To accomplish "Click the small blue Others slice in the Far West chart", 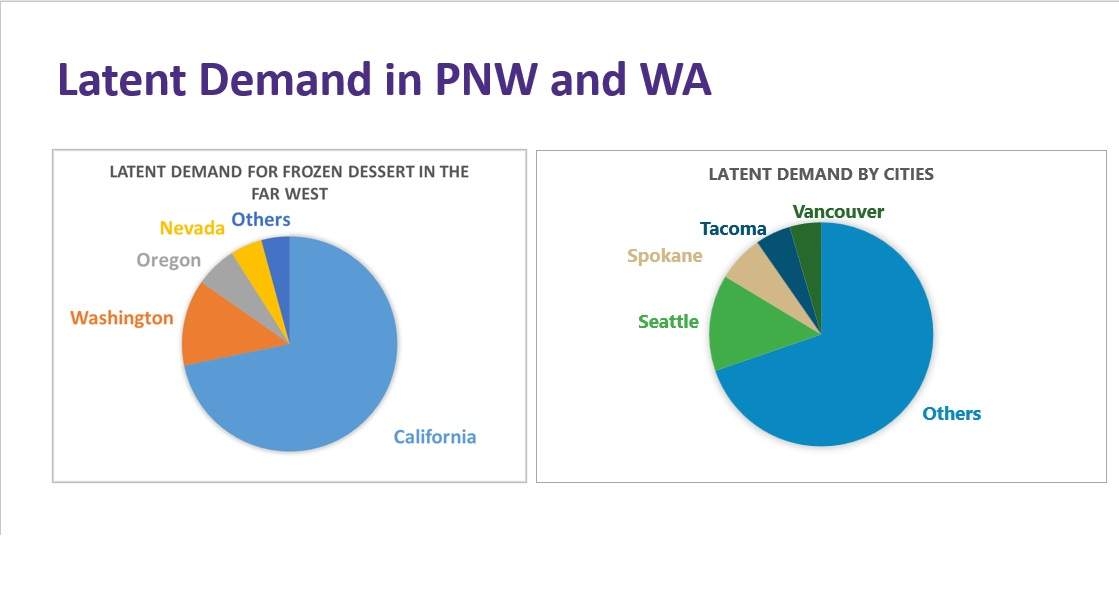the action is coord(278,264).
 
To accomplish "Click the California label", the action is coord(435,437).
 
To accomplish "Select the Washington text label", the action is coord(121,317).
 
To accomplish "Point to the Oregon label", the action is coord(168,260).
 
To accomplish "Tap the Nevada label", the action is coord(192,228).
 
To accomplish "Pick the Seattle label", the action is coord(668,322).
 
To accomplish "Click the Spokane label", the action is coord(664,255).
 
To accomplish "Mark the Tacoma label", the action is coord(733,228).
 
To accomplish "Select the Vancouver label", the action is coord(838,211).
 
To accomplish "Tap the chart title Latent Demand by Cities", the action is coord(821,174).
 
